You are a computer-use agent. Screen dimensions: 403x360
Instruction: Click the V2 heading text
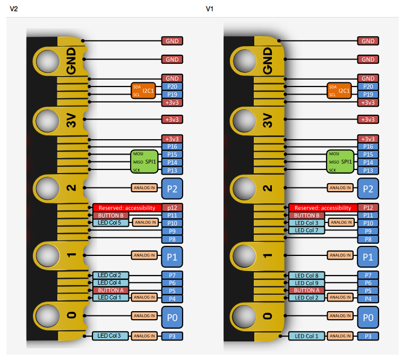[x=14, y=8]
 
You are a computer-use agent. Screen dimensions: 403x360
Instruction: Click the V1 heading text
[x=210, y=8]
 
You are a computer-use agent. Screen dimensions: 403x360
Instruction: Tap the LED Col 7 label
[x=306, y=230]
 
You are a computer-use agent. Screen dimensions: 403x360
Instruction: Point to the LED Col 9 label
[x=306, y=283]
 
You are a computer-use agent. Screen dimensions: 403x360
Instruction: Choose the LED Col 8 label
[x=306, y=276]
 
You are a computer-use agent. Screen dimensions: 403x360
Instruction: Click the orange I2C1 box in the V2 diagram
[x=143, y=90]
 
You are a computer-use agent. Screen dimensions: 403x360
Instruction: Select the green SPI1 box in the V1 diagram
[x=340, y=161]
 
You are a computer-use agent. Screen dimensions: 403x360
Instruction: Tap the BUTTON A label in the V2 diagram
[x=110, y=290]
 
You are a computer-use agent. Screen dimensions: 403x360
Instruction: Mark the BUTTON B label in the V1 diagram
[x=306, y=216]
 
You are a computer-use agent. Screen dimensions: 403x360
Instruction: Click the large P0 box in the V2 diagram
[x=172, y=318]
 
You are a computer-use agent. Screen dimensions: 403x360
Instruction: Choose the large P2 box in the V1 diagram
[x=368, y=188]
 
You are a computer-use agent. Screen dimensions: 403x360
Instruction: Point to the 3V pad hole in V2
[x=48, y=121]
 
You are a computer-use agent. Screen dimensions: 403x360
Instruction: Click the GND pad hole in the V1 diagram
[x=245, y=61]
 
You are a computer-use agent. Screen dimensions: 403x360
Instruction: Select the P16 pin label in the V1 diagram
[x=368, y=147]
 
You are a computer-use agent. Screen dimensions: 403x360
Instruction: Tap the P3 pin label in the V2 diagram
[x=172, y=336]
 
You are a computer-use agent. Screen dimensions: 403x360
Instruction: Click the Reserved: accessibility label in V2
[x=127, y=208]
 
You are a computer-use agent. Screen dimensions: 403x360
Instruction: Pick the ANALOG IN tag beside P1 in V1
[x=340, y=255]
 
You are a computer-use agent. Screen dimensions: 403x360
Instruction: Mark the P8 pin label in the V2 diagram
[x=172, y=239]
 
